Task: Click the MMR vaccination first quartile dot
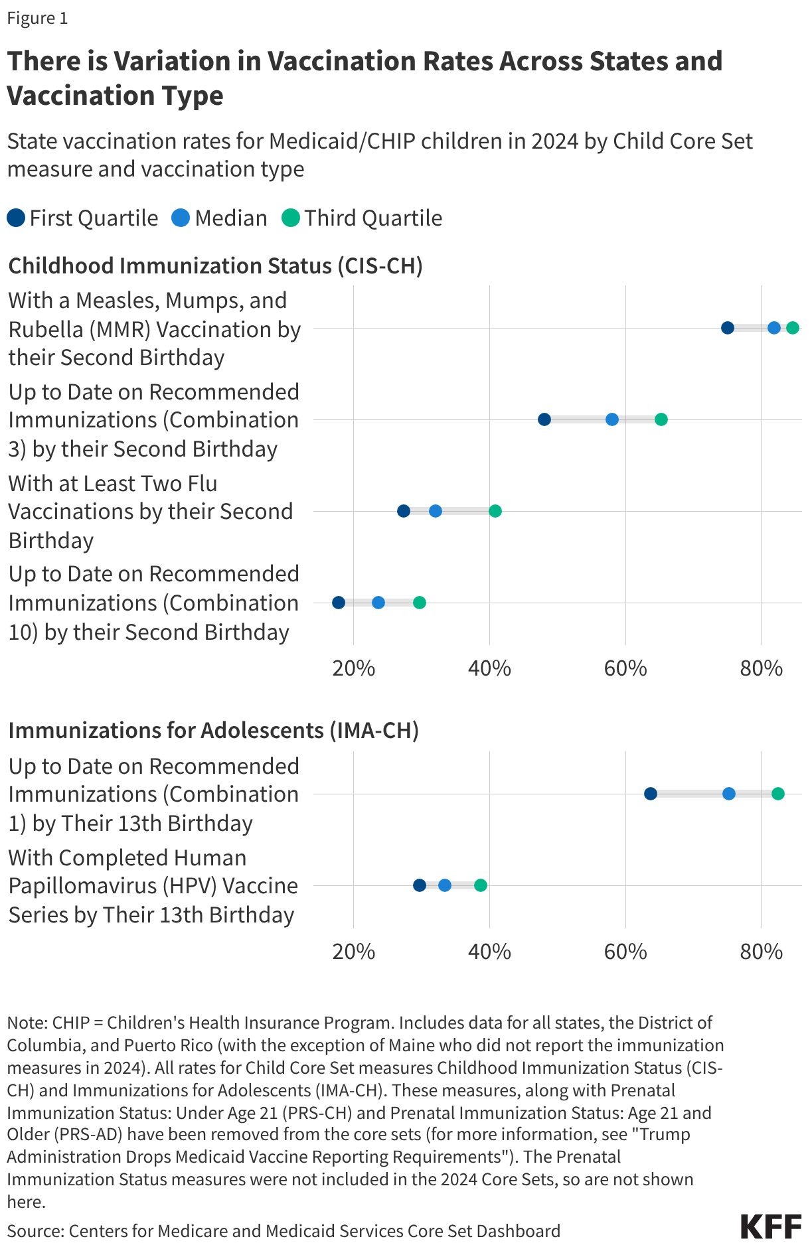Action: (x=727, y=328)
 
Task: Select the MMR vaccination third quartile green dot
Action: (x=792, y=328)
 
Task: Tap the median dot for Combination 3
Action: (x=611, y=419)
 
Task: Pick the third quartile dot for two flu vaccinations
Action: (x=495, y=511)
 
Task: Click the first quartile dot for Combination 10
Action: (x=338, y=603)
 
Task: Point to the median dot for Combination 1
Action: (x=728, y=794)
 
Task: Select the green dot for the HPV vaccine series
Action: (x=480, y=885)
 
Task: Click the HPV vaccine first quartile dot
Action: (x=419, y=885)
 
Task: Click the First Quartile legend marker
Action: (x=16, y=218)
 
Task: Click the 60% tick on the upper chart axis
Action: (x=625, y=668)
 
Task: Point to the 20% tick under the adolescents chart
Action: (x=353, y=952)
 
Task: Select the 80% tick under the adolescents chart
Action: (x=761, y=952)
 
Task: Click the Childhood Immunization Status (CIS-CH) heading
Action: (x=215, y=265)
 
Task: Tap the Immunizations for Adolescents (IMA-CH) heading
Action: (x=213, y=730)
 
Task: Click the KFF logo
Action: (x=771, y=1226)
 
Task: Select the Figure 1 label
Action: (x=37, y=18)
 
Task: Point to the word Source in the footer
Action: (x=34, y=1231)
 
